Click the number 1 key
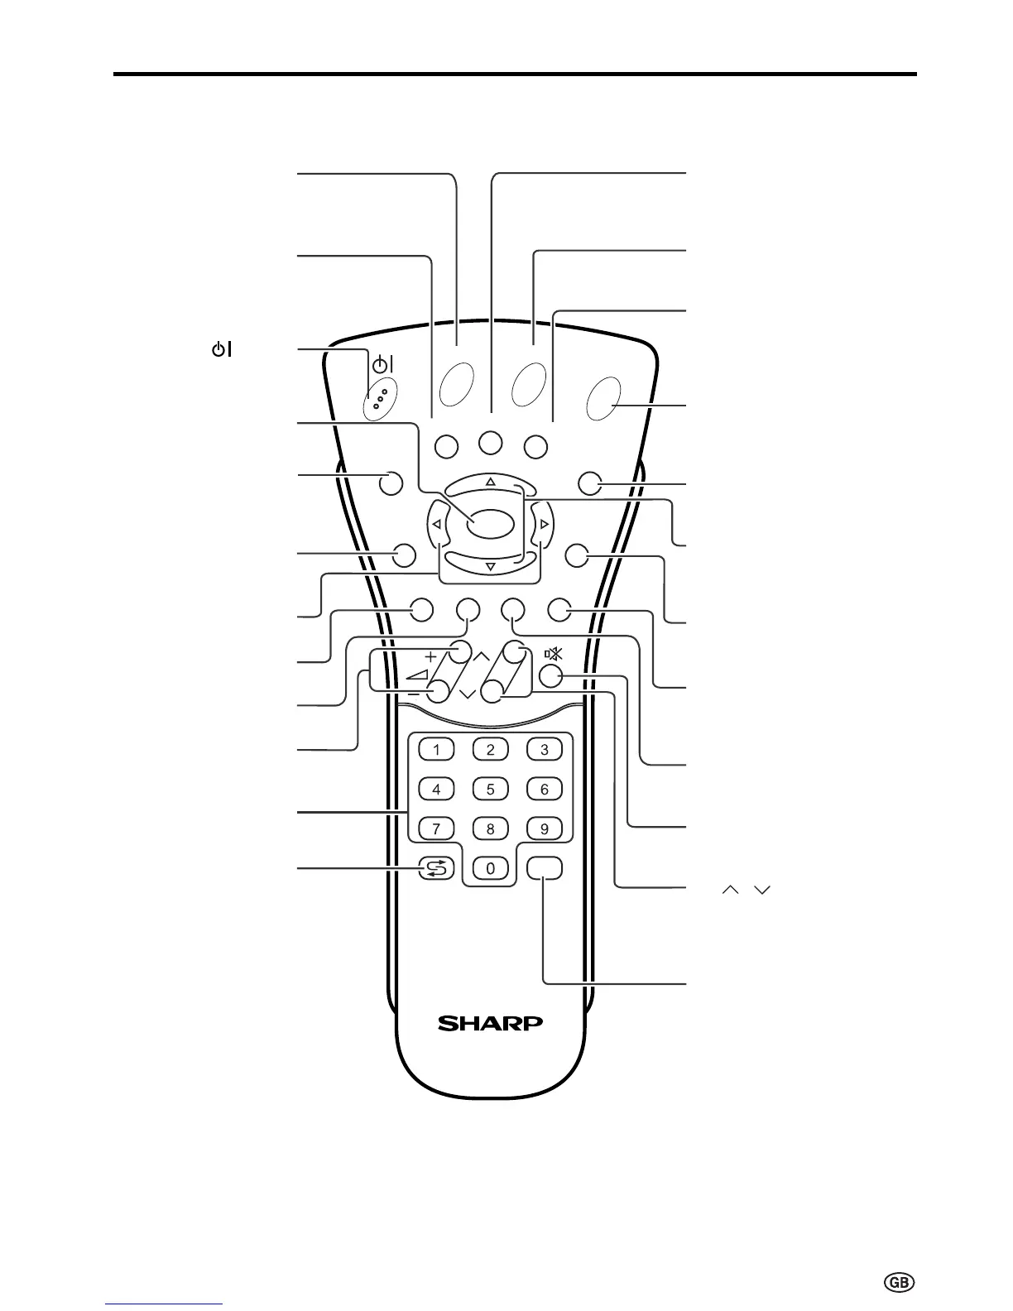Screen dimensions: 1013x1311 pos(437,750)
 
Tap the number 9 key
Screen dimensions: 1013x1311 pos(545,828)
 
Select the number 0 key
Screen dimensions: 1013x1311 pos(491,868)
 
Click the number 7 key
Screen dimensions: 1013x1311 pos(437,828)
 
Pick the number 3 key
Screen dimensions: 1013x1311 pos(545,750)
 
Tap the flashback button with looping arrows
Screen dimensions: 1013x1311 pos(437,868)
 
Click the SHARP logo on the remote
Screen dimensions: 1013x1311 pos(490,1024)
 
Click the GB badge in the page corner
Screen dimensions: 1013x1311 pos(900,1282)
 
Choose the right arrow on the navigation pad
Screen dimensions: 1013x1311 pos(544,524)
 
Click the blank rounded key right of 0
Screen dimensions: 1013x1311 pos(545,867)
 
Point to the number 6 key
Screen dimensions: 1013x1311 pos(545,789)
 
